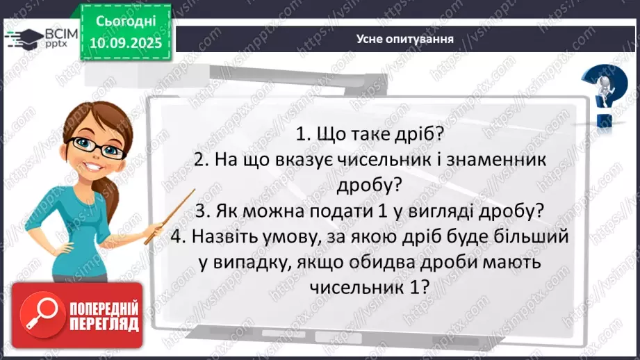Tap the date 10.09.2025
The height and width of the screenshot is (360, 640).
(x=126, y=42)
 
